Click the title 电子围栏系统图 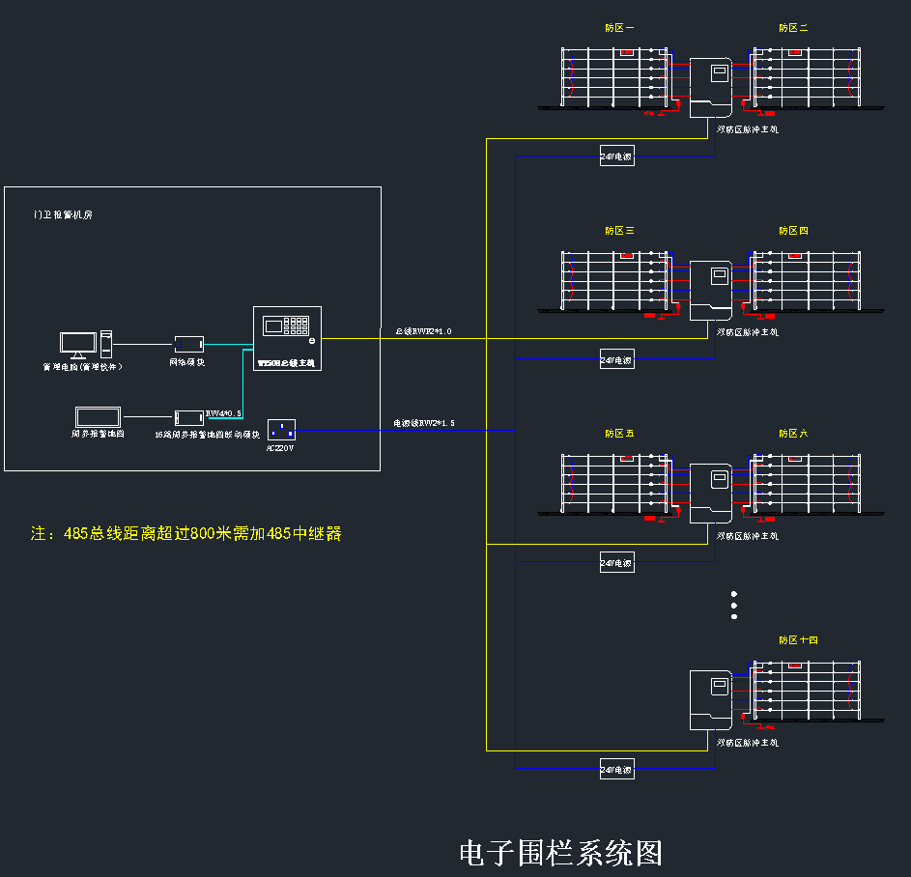560,853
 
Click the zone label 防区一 619,28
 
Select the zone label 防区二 793,28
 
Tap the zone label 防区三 619,231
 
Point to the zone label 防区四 793,231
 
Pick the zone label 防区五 619,434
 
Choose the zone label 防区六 793,434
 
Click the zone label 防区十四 798,640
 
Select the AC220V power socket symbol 280,430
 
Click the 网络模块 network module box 188,343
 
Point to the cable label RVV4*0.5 223,413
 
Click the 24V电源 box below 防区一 616,156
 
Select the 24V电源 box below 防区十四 616,770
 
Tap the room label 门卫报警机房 62,215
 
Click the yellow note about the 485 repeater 186,533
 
